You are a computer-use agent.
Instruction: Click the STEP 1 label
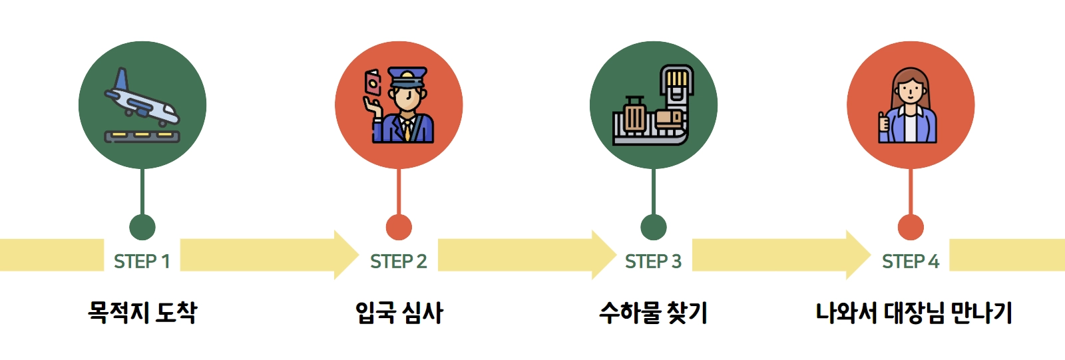(142, 262)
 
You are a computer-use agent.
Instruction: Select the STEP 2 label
(398, 262)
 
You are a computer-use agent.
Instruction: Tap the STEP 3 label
(653, 262)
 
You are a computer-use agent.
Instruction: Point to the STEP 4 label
(910, 262)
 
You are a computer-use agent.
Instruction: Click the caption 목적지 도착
(142, 312)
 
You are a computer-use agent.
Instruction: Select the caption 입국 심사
(399, 312)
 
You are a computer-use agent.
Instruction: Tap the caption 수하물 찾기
(653, 312)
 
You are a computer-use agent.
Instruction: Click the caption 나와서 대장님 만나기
(914, 312)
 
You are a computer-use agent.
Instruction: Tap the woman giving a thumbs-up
(909, 106)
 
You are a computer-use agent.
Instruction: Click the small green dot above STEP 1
(142, 227)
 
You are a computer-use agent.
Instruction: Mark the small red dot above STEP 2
(399, 227)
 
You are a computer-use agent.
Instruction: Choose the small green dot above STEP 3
(654, 227)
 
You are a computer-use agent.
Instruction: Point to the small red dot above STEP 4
(911, 227)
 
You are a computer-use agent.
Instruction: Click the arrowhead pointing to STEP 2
(345, 255)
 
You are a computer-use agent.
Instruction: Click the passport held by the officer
(372, 83)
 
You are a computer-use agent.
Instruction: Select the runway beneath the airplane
(142, 136)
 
